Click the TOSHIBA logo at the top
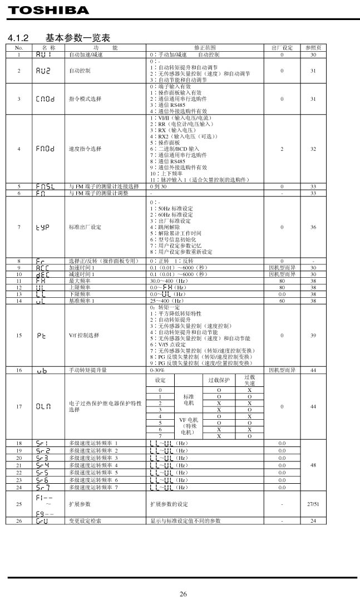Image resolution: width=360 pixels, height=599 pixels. (48, 11)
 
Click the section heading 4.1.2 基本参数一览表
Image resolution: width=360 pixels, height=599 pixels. (58, 38)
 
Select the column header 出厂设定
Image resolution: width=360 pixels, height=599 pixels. (282, 48)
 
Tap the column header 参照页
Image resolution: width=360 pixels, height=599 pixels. (313, 48)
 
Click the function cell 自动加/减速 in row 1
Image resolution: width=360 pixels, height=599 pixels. (82, 55)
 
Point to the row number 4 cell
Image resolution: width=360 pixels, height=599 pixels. (19, 149)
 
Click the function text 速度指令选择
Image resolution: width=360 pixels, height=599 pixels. (85, 149)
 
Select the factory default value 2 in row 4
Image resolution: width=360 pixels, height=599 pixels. (282, 149)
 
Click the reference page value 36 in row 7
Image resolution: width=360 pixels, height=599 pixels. (313, 227)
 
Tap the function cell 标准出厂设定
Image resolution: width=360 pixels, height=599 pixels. (85, 227)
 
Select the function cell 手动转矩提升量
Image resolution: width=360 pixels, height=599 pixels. (88, 370)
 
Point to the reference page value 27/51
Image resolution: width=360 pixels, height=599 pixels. (313, 503)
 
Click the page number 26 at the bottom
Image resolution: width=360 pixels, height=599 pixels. (183, 593)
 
